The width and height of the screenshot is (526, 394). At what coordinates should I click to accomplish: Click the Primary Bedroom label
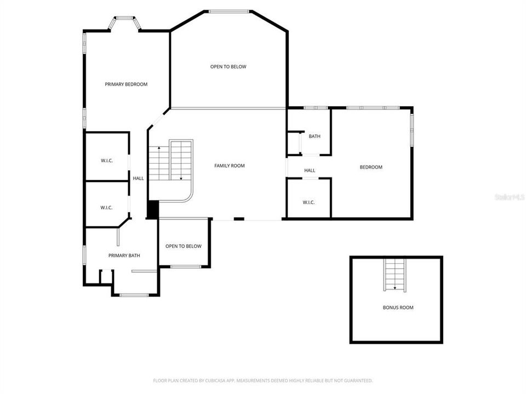coord(126,84)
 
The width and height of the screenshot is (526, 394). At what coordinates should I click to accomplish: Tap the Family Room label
coord(229,166)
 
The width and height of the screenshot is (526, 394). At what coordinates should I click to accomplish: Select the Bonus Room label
coord(398,308)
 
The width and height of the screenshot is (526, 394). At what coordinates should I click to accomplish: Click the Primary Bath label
coord(124,256)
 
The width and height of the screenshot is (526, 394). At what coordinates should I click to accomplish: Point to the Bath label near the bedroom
coord(315,136)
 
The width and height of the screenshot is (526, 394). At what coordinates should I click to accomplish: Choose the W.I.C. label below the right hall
coord(308,202)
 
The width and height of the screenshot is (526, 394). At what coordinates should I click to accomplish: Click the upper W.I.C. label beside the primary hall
coord(106,161)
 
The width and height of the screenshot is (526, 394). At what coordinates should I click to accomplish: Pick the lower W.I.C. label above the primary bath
coord(106,207)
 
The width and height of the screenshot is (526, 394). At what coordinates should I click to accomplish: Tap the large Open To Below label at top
coord(228,67)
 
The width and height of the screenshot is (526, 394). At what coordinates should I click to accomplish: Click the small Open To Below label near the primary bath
coord(184,246)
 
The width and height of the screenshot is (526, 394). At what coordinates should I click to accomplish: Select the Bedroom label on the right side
coord(371,167)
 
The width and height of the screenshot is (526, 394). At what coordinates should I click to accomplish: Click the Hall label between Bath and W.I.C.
coord(310,171)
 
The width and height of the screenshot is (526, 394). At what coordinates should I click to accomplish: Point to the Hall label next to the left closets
coord(138,178)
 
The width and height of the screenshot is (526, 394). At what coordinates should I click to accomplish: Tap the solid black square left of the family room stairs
coord(153,210)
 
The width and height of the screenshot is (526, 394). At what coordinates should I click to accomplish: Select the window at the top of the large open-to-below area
coord(228,11)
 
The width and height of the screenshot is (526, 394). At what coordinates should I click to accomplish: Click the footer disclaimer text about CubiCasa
coord(263,380)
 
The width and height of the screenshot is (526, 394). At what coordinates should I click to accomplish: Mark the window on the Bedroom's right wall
coord(412,130)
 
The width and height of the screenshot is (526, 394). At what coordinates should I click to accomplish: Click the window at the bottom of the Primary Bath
coord(134,296)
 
